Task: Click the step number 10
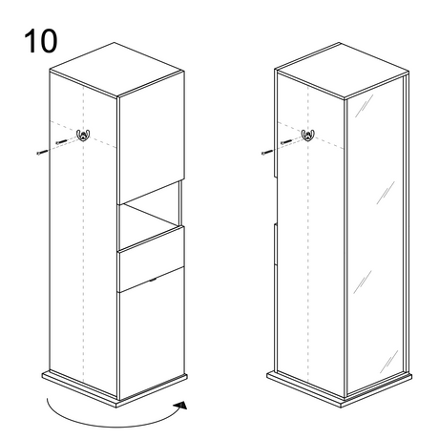point(41,41)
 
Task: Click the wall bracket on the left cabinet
point(83,135)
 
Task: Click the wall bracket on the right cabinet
point(308,135)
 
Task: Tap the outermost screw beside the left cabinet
point(42,152)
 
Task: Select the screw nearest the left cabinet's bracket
point(61,141)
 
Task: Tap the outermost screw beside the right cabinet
point(267,152)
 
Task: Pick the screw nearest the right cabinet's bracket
point(286,141)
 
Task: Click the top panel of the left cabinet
point(117,70)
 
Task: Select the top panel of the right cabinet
point(342,71)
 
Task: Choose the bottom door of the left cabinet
point(152,333)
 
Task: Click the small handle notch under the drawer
point(152,280)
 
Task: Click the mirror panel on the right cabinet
point(375,235)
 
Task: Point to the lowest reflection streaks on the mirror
point(388,362)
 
